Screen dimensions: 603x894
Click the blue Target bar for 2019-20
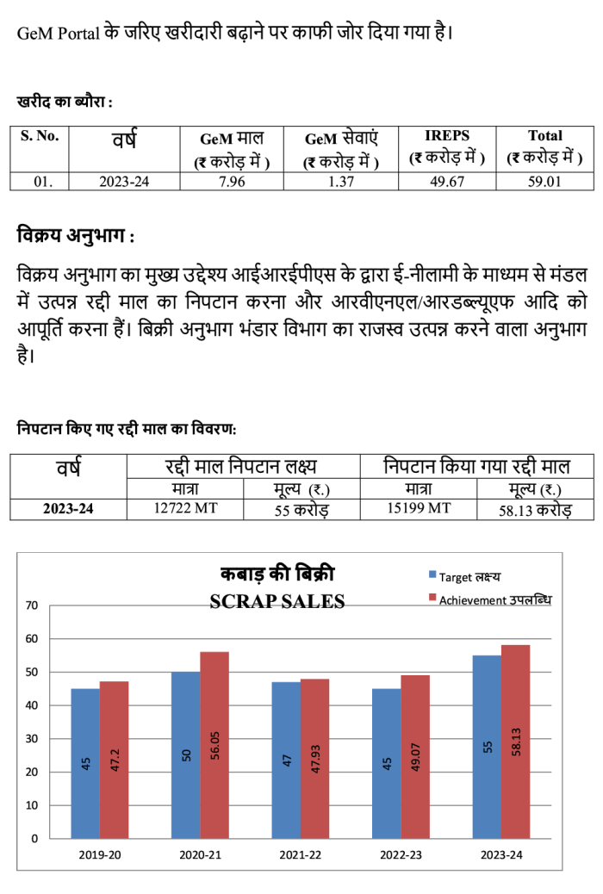tap(85, 763)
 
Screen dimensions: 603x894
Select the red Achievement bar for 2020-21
tap(214, 745)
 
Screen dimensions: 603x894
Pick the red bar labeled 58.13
tap(516, 742)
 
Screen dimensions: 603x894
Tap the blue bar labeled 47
tap(286, 760)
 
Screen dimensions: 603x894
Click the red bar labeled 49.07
tap(415, 757)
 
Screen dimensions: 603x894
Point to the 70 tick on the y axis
tap(32, 605)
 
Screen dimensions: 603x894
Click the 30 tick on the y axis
tap(32, 739)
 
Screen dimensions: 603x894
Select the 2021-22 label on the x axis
tap(300, 855)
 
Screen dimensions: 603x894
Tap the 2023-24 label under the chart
tap(501, 855)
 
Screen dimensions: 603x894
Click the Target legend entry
tap(465, 577)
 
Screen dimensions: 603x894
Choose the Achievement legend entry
tap(491, 599)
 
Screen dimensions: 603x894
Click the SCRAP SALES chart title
tap(277, 601)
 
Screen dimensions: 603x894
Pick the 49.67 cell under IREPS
tap(447, 182)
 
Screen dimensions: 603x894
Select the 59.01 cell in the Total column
tap(544, 182)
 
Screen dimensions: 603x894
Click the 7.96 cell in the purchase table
tap(232, 182)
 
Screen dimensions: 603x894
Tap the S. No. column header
tap(40, 136)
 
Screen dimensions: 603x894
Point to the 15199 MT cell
tap(419, 508)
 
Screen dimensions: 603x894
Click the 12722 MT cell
tap(185, 508)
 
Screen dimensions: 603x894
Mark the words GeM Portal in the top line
tap(59, 33)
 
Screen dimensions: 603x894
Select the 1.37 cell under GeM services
tap(340, 182)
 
